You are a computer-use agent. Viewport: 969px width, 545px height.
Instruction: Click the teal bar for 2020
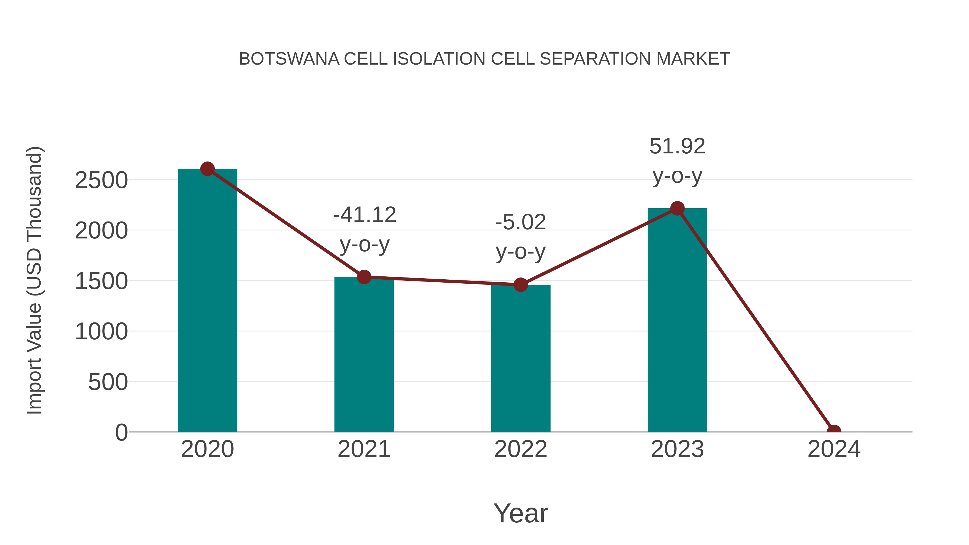[207, 301]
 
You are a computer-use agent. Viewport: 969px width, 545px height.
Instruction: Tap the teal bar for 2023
[677, 320]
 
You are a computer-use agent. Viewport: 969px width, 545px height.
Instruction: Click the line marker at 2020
[207, 169]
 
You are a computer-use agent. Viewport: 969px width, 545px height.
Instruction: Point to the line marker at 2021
[364, 277]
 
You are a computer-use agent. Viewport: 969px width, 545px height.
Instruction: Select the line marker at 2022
[520, 285]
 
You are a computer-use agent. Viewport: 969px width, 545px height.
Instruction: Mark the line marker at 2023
[677, 208]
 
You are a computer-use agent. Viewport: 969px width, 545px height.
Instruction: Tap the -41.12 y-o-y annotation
[364, 229]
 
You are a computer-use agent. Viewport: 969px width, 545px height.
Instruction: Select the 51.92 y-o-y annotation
[677, 161]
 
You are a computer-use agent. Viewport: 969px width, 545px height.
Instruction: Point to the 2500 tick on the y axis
[101, 180]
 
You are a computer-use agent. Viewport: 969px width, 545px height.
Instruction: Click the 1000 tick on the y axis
[101, 332]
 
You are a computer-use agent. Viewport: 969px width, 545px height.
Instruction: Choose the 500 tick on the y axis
[108, 382]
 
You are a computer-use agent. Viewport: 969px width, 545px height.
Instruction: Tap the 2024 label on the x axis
[834, 449]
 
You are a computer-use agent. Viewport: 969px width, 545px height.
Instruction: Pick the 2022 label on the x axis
[520, 449]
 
